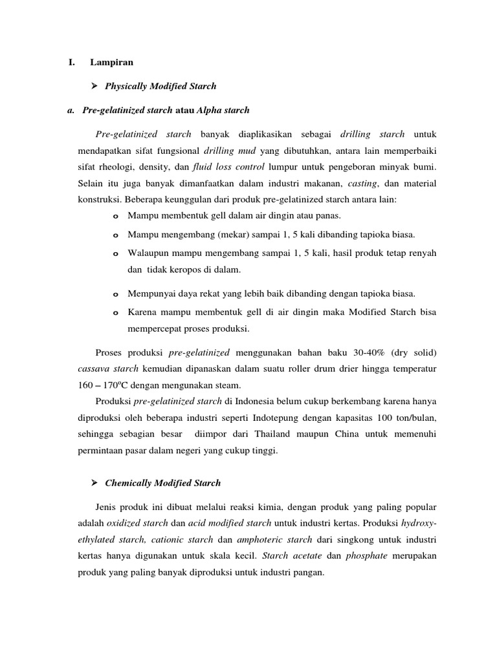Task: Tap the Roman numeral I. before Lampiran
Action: [71, 63]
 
